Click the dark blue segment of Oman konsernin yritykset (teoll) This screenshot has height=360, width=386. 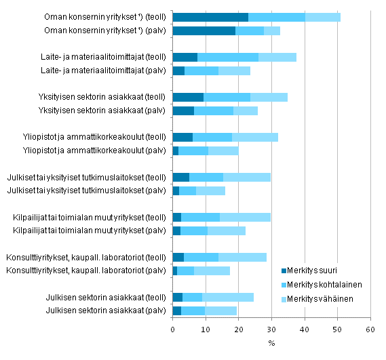(210, 17)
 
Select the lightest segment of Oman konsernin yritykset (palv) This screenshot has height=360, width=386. (271, 31)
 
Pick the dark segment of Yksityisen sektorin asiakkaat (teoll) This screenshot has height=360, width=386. (188, 97)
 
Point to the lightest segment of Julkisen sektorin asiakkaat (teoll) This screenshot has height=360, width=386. (228, 297)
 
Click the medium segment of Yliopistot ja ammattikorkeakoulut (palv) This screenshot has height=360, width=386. (193, 151)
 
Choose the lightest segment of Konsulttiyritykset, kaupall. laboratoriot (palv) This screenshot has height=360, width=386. (212, 271)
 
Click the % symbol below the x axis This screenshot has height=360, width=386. (272, 342)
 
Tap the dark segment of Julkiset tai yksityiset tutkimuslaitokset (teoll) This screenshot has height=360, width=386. (181, 177)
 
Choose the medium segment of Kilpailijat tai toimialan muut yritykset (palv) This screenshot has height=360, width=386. (194, 231)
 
